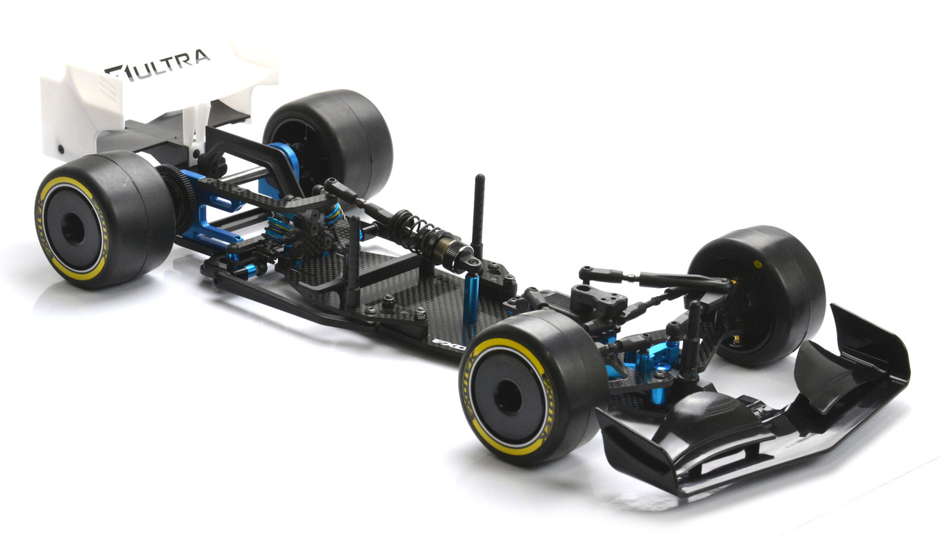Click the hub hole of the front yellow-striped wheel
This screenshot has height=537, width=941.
[507, 397]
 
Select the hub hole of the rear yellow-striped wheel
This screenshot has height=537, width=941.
[74, 227]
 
